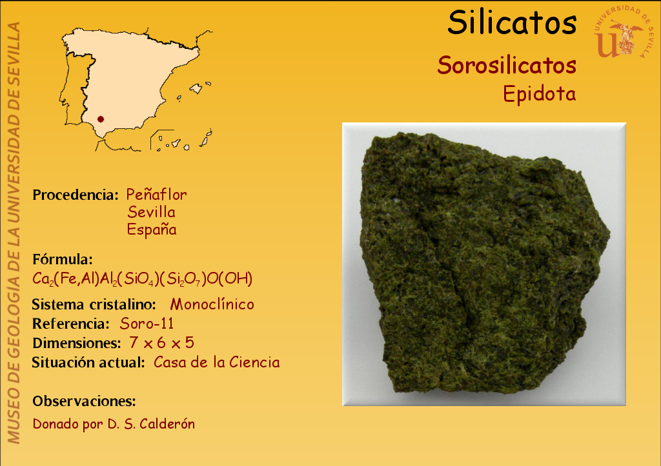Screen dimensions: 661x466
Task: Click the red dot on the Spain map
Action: tap(100, 119)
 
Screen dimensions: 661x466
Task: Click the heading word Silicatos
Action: tap(512, 23)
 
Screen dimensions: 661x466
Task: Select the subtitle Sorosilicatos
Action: tap(507, 65)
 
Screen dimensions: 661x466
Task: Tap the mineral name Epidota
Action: tap(539, 93)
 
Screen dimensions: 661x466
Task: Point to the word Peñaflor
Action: tap(156, 195)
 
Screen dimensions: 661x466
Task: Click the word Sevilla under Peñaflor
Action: tap(151, 212)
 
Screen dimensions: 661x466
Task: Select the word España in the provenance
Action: tap(152, 229)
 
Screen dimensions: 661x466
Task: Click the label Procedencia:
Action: tap(76, 195)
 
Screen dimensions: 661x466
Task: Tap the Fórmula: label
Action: tap(63, 259)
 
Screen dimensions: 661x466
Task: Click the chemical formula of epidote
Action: tap(143, 278)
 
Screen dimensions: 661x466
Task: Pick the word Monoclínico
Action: tap(212, 304)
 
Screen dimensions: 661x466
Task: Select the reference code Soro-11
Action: tap(147, 324)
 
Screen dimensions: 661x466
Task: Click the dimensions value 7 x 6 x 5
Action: tap(162, 343)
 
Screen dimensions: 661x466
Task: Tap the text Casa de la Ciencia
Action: tap(217, 362)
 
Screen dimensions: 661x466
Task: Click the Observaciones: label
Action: tap(85, 401)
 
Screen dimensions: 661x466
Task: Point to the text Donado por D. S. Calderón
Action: tap(114, 423)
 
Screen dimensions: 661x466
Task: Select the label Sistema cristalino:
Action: tap(94, 304)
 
